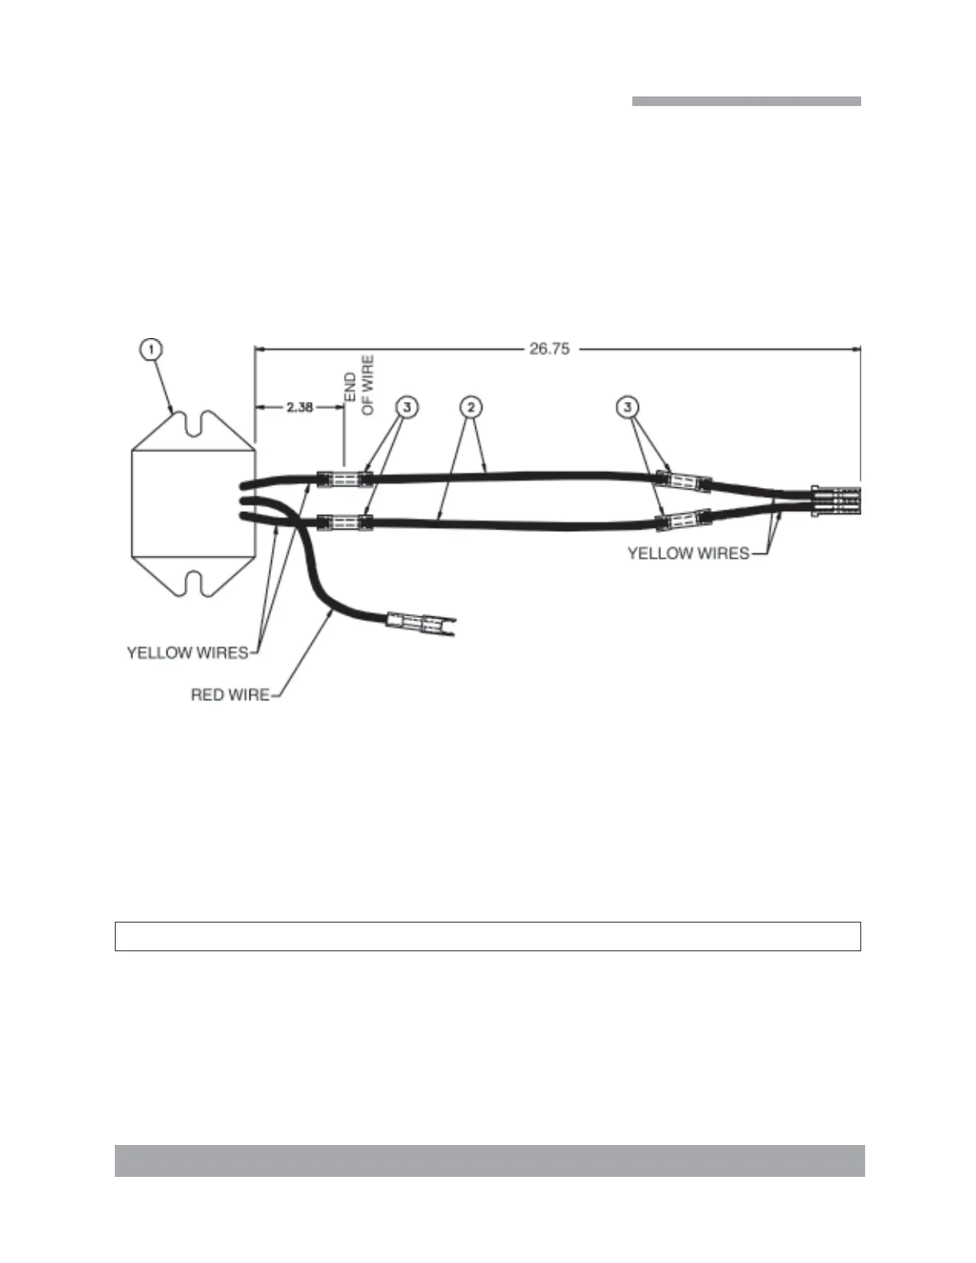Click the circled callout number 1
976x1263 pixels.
[x=151, y=349]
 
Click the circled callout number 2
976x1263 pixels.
[x=471, y=407]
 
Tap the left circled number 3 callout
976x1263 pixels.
[x=407, y=407]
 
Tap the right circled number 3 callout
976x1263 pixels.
[x=628, y=407]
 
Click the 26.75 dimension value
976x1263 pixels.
[x=549, y=348]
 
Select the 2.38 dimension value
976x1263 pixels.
[x=299, y=407]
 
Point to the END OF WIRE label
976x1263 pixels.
[x=358, y=385]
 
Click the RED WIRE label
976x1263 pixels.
[x=230, y=695]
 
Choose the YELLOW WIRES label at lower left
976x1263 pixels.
[x=187, y=653]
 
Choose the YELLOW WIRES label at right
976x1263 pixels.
[x=688, y=553]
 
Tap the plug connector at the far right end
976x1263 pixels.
[x=836, y=501]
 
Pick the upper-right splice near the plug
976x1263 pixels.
[x=683, y=481]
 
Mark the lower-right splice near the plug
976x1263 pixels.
[x=683, y=521]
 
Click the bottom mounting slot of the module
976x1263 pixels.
[x=193, y=584]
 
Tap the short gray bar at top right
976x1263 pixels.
[x=746, y=101]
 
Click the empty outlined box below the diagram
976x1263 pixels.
[x=487, y=936]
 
